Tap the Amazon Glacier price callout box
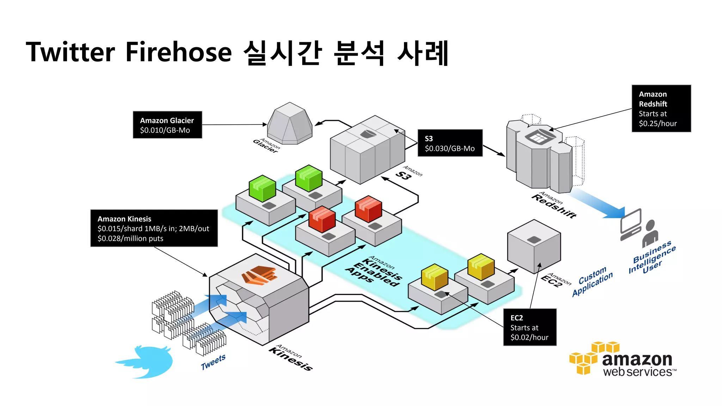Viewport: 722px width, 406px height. (x=167, y=125)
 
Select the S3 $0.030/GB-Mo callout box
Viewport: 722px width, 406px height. (x=449, y=143)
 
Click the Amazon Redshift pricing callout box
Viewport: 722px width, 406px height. (x=661, y=109)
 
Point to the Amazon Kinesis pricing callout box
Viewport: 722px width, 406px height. (x=154, y=228)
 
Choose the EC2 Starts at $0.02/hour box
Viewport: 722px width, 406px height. (x=530, y=327)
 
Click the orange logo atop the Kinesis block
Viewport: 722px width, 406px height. (x=259, y=275)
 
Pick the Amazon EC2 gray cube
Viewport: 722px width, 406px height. (x=534, y=247)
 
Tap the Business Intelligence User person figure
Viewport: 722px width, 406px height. (x=650, y=233)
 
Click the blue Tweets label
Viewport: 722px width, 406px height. (x=213, y=362)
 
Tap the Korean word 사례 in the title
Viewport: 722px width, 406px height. (x=422, y=53)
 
